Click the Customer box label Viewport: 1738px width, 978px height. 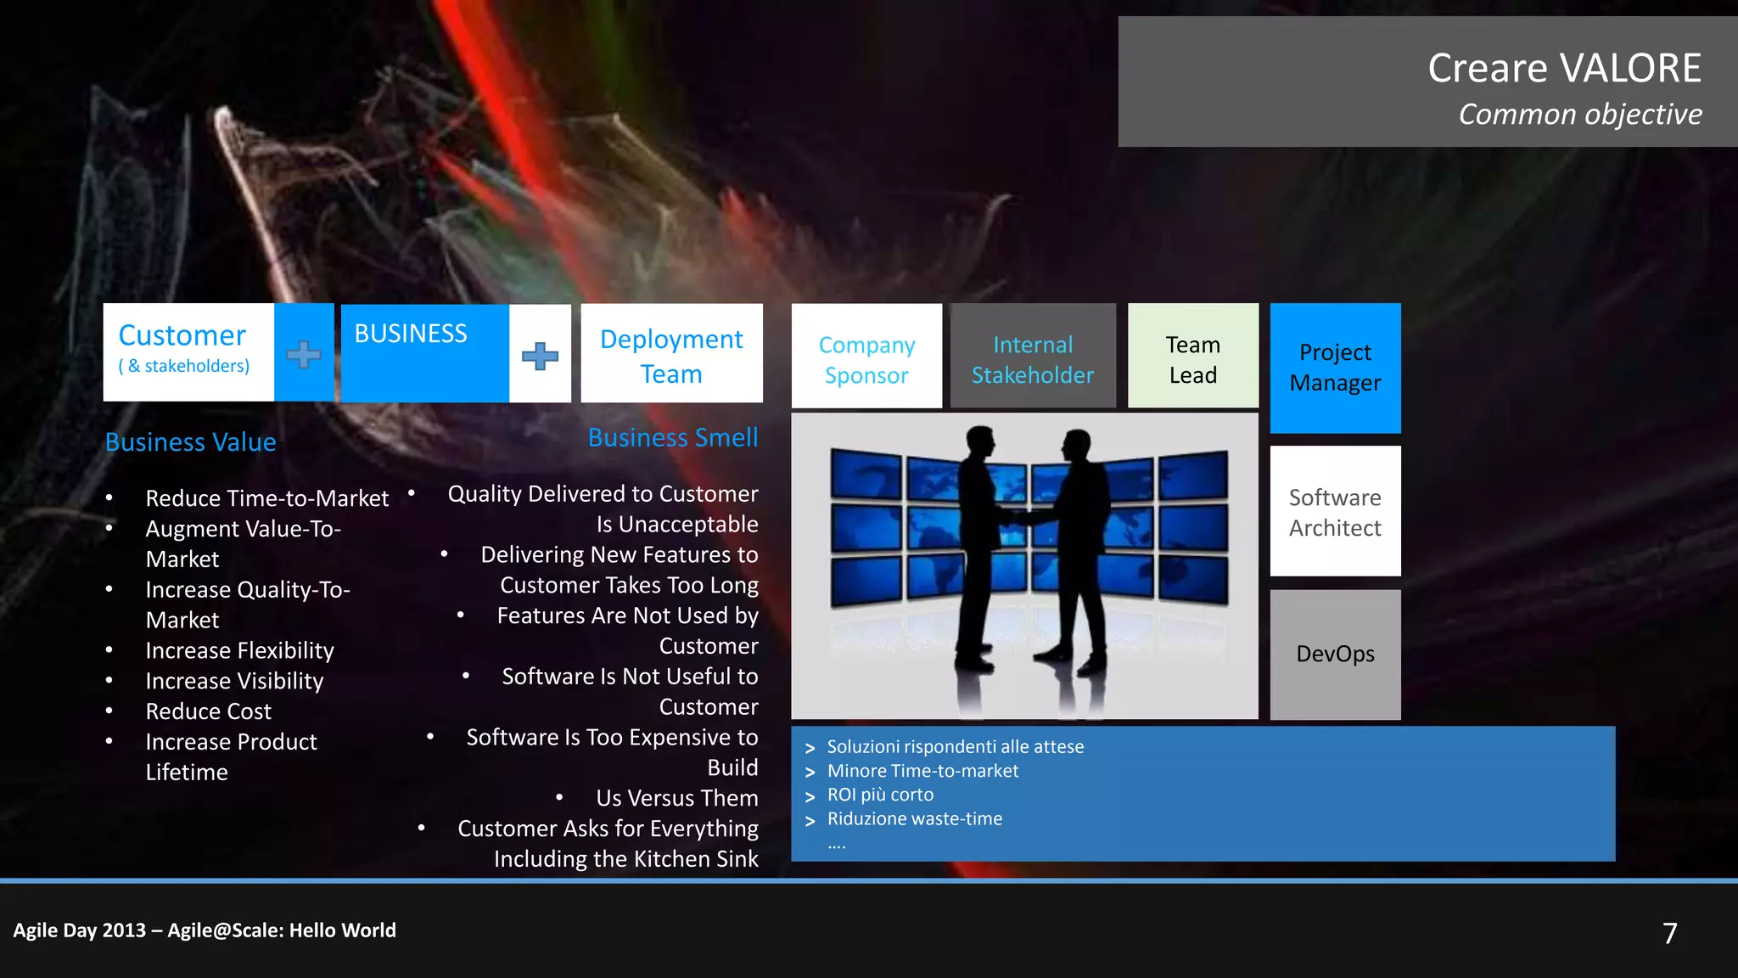182,336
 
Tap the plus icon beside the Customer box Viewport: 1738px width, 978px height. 304,354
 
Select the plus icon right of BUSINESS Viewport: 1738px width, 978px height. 540,356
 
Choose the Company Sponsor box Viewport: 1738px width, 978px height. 866,359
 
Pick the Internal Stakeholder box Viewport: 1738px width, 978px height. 1033,359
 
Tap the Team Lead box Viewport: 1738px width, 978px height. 1192,359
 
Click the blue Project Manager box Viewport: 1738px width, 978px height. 1335,368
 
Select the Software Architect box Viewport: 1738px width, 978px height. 1335,512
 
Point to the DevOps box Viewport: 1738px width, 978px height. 1335,654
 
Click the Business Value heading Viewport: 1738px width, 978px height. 191,442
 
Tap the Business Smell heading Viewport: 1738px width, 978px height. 673,438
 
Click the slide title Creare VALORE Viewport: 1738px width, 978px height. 1564,68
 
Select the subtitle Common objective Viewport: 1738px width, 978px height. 1579,115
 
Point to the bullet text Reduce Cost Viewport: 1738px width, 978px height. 209,711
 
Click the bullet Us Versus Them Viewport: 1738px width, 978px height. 676,798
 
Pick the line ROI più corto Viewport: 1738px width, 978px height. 880,795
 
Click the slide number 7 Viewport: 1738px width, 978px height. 1669,933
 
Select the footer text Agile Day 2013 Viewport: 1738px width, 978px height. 80,930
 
